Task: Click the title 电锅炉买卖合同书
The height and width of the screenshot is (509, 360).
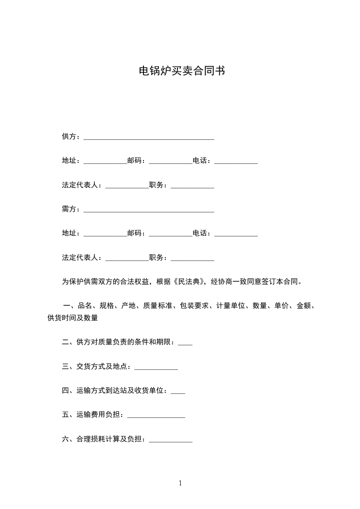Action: (x=182, y=71)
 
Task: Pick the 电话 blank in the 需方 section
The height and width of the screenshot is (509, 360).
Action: (x=236, y=235)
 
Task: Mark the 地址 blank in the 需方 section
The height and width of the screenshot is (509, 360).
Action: (x=105, y=235)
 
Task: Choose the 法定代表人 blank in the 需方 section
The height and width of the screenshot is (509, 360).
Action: (x=127, y=259)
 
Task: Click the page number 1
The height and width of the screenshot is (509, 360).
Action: (x=180, y=483)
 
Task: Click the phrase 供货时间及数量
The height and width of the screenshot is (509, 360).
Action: (x=73, y=318)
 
